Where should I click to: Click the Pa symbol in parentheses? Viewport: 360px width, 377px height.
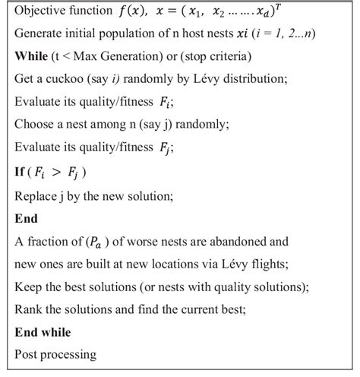93,243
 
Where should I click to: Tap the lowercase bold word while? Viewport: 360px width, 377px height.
55,332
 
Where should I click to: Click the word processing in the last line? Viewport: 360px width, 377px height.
69,354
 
